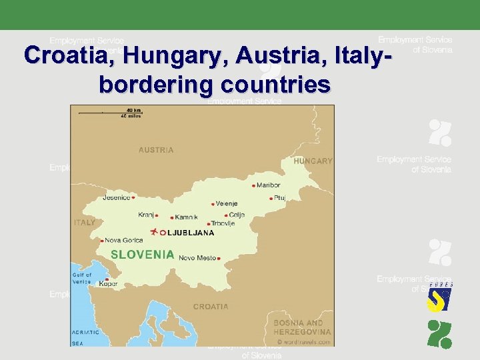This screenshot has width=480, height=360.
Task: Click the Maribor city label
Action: [x=268, y=185]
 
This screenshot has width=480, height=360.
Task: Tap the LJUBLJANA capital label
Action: [x=191, y=233]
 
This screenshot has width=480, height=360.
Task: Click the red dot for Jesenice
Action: [x=133, y=197]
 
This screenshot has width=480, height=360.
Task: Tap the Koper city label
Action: [x=108, y=283]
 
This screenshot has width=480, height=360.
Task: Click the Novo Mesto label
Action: [x=197, y=257]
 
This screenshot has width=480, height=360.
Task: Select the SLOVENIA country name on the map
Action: [x=142, y=254]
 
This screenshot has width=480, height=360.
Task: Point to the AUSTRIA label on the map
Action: [x=156, y=150]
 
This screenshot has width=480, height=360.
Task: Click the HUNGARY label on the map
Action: [x=313, y=161]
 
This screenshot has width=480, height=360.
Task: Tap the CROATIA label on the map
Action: [x=211, y=307]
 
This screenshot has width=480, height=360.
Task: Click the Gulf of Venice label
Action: [x=82, y=278]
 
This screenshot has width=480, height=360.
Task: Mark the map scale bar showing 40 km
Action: [x=110, y=113]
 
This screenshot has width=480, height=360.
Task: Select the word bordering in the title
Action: [x=155, y=85]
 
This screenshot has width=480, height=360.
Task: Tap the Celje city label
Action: [x=237, y=215]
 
